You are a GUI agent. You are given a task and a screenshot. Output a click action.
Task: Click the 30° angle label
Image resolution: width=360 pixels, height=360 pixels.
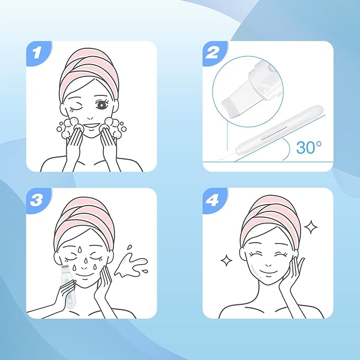[x=309, y=147]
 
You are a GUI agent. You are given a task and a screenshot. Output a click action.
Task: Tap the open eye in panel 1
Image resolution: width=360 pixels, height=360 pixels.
[x=102, y=104]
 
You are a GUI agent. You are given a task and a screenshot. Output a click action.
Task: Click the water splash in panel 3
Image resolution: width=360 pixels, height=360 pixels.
[x=131, y=264]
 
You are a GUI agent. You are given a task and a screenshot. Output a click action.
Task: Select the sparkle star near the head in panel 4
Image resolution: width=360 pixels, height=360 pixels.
[x=311, y=227]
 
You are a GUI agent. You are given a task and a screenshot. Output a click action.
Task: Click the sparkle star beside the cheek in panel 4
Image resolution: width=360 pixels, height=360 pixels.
[x=226, y=260]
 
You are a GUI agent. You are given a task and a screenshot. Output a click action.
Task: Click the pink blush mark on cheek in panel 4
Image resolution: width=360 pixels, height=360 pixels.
[x=256, y=270]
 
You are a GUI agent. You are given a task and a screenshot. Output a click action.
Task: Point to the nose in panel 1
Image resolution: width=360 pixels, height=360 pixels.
[x=90, y=118]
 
